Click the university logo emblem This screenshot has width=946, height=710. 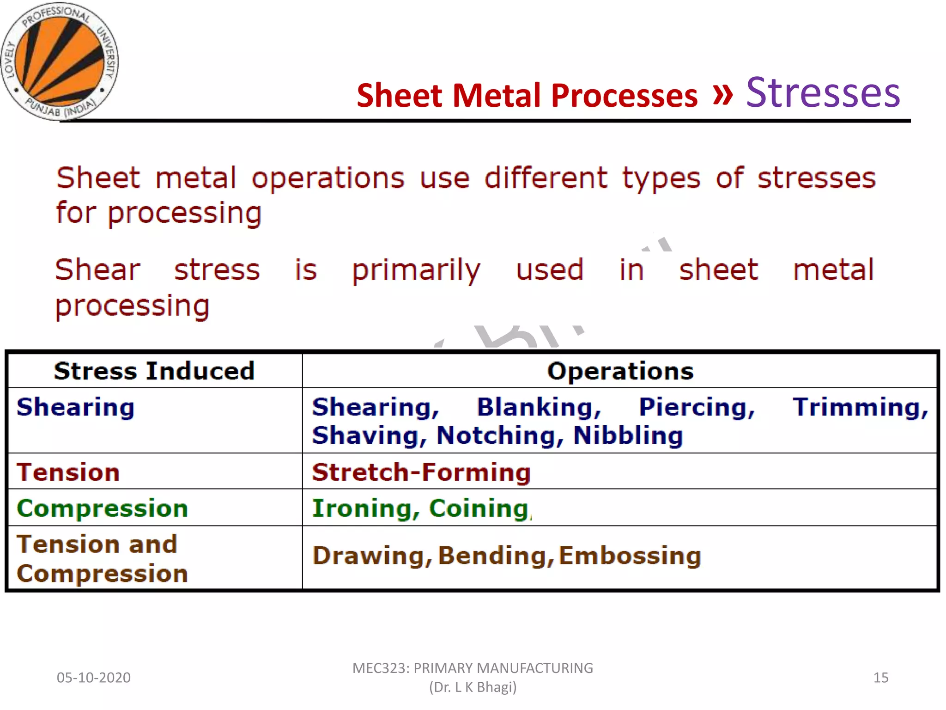tap(59, 61)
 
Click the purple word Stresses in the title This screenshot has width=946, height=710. tap(823, 93)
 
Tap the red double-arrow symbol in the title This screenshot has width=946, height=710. tap(722, 94)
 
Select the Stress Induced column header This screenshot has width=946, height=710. tap(154, 371)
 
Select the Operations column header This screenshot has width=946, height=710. tap(620, 371)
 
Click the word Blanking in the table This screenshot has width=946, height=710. tap(539, 408)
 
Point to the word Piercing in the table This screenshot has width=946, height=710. tap(697, 408)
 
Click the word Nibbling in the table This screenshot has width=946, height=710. tap(628, 436)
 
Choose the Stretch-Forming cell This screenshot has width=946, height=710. tap(421, 472)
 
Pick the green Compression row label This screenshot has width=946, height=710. tap(103, 508)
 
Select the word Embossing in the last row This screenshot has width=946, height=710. tap(630, 556)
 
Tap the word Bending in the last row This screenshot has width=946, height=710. tap(496, 556)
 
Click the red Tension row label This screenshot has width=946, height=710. tap(68, 472)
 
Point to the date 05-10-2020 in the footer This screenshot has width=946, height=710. tap(94, 678)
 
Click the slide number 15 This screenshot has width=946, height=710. tap(880, 678)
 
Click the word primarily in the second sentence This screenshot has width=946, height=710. tap(416, 271)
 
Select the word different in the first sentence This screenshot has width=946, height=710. tap(546, 178)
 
